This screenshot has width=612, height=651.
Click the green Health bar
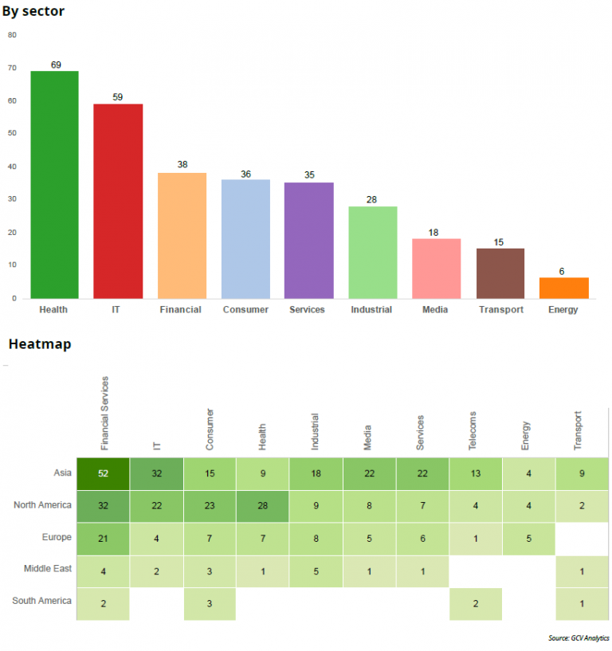pyautogui.click(x=54, y=185)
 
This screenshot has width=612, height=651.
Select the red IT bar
pyautogui.click(x=118, y=201)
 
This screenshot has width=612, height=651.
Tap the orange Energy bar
pyautogui.click(x=563, y=288)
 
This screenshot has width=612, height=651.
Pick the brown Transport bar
pyautogui.click(x=500, y=273)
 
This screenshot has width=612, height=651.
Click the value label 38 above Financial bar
pyautogui.click(x=182, y=165)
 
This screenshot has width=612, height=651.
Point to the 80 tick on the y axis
pyautogui.click(x=12, y=35)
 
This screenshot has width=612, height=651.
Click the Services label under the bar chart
pyautogui.click(x=308, y=309)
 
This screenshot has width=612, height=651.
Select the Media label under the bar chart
pyautogui.click(x=435, y=309)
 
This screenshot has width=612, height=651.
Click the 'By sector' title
pyautogui.click(x=33, y=11)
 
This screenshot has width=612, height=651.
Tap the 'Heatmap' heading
pyautogui.click(x=40, y=344)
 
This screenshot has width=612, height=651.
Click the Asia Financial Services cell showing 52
pyautogui.click(x=104, y=474)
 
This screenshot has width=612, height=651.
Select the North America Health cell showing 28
pyautogui.click(x=262, y=505)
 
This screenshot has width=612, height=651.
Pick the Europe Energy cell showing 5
pyautogui.click(x=528, y=538)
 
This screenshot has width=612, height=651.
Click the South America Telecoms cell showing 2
pyautogui.click(x=475, y=604)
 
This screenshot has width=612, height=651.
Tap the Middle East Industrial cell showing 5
pyautogui.click(x=316, y=571)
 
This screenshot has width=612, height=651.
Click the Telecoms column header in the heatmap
pyautogui.click(x=472, y=430)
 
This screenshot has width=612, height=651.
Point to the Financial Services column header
pyautogui.click(x=104, y=414)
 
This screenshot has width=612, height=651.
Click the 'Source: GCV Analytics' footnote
pyautogui.click(x=578, y=638)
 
